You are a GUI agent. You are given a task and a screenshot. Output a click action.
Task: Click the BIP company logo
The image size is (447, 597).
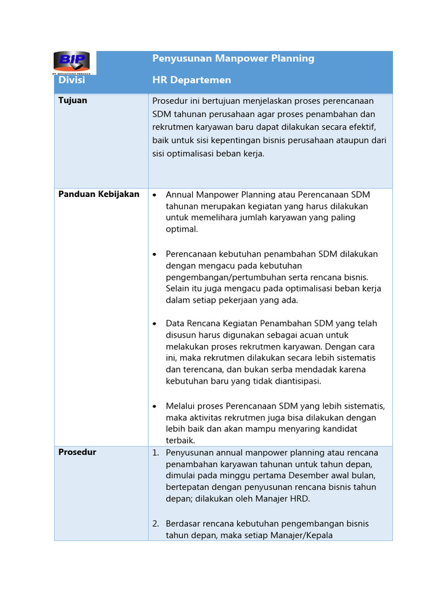[72, 62]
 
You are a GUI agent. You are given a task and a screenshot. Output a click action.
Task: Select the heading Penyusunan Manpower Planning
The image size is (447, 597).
[233, 58]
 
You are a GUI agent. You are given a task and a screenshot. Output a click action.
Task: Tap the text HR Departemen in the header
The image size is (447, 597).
[191, 80]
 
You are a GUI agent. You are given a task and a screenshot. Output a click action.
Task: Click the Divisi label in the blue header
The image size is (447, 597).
[72, 80]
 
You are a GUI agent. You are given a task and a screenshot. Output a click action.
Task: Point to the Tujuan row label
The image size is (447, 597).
[73, 100]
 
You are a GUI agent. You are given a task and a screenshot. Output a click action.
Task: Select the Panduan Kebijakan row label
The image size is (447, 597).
[98, 194]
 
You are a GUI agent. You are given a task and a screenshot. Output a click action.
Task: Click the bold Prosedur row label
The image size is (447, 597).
[77, 452]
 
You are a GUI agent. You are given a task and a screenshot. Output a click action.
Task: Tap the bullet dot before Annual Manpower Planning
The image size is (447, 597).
[155, 195]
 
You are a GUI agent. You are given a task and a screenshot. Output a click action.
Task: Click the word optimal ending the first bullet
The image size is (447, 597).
[181, 229]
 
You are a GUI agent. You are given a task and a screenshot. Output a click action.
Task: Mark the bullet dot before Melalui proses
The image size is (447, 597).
[155, 406]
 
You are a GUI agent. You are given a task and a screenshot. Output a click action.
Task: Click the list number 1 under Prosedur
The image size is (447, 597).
[155, 453]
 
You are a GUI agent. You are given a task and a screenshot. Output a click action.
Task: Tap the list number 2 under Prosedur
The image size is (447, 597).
[155, 524]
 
